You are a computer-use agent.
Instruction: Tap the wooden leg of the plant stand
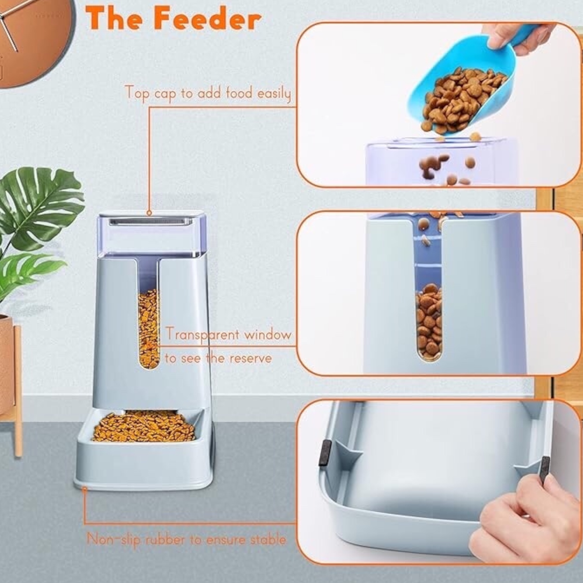18,391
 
